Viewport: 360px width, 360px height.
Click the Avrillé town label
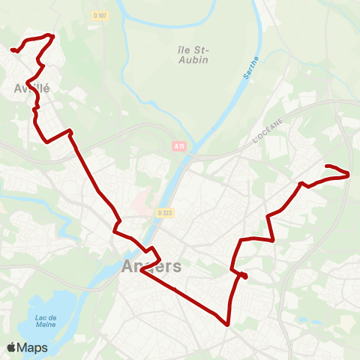(x=31, y=88)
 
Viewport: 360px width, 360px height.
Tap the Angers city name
(x=151, y=267)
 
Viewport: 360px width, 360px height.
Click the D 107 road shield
(x=100, y=14)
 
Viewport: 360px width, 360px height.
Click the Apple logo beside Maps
(x=11, y=348)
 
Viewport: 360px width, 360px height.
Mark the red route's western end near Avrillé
(x=13, y=50)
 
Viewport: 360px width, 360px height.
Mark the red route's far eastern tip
(x=349, y=175)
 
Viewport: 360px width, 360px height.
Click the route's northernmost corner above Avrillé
(x=52, y=35)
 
